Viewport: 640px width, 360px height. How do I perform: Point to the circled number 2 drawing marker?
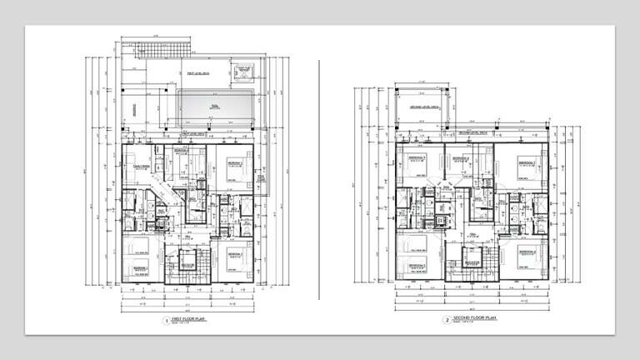pos(447,319)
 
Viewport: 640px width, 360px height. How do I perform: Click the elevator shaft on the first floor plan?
pos(187,263)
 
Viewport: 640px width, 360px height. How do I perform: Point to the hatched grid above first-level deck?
pos(140,46)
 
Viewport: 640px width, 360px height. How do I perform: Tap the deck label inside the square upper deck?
pos(422,107)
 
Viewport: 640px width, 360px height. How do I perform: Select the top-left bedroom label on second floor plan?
pos(417,158)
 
